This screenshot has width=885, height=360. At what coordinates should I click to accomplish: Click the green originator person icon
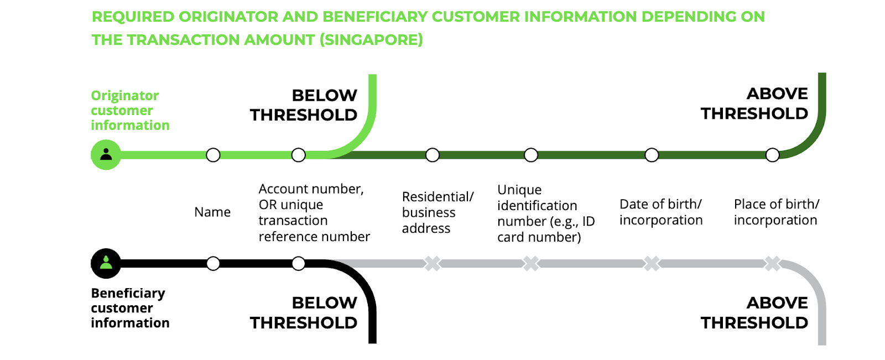click(x=106, y=154)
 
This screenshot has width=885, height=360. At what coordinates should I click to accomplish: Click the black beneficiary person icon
click(x=106, y=263)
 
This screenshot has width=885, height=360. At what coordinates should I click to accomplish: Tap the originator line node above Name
click(x=213, y=155)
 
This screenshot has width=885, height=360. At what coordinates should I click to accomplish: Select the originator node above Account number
click(x=298, y=155)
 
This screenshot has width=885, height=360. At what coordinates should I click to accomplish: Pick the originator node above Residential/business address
click(x=432, y=155)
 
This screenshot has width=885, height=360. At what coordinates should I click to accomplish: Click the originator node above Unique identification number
click(x=530, y=155)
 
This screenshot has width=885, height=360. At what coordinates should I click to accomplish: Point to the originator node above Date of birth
click(x=652, y=155)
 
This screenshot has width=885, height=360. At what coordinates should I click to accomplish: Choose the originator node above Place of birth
click(x=772, y=155)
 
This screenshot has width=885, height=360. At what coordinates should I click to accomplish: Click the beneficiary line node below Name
click(x=213, y=264)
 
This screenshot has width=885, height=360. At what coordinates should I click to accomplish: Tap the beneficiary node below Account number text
click(x=298, y=264)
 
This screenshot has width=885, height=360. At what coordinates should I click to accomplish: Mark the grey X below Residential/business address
click(x=432, y=264)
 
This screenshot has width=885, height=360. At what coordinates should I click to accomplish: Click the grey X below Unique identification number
click(x=530, y=264)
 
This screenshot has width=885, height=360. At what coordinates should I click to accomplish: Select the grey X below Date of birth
click(x=652, y=264)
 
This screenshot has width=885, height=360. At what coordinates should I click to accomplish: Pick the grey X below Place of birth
click(x=772, y=264)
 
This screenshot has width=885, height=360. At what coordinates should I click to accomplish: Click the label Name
click(x=212, y=212)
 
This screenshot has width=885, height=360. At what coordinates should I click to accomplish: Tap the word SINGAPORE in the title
click(x=371, y=40)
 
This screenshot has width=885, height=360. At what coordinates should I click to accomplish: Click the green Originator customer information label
click(x=130, y=110)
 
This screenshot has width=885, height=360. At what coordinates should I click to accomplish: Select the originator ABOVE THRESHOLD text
click(x=754, y=103)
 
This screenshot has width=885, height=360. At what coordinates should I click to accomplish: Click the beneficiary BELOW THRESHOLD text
click(x=304, y=313)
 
